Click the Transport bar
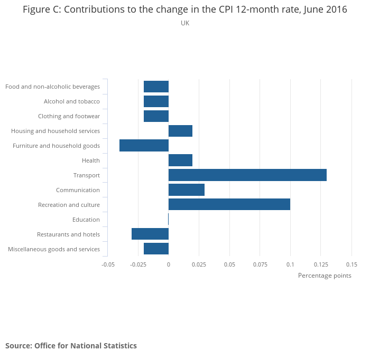tap(247, 175)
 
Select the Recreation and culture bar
tap(229, 205)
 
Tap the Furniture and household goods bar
tap(144, 146)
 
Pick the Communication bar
tap(187, 190)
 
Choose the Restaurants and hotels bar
tap(150, 234)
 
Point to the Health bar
tap(180, 160)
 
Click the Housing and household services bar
tap(180, 131)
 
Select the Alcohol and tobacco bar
tap(156, 101)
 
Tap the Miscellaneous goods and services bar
tap(156, 249)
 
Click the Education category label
tap(86, 220)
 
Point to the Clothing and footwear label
tap(69, 116)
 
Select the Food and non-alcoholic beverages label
tap(52, 87)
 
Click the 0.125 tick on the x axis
tap(321, 264)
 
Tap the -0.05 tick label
tap(108, 264)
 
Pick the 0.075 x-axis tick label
tap(260, 264)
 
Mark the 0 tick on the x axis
tap(169, 264)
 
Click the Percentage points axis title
tap(325, 276)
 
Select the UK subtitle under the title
tap(185, 23)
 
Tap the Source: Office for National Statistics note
tap(71, 346)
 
